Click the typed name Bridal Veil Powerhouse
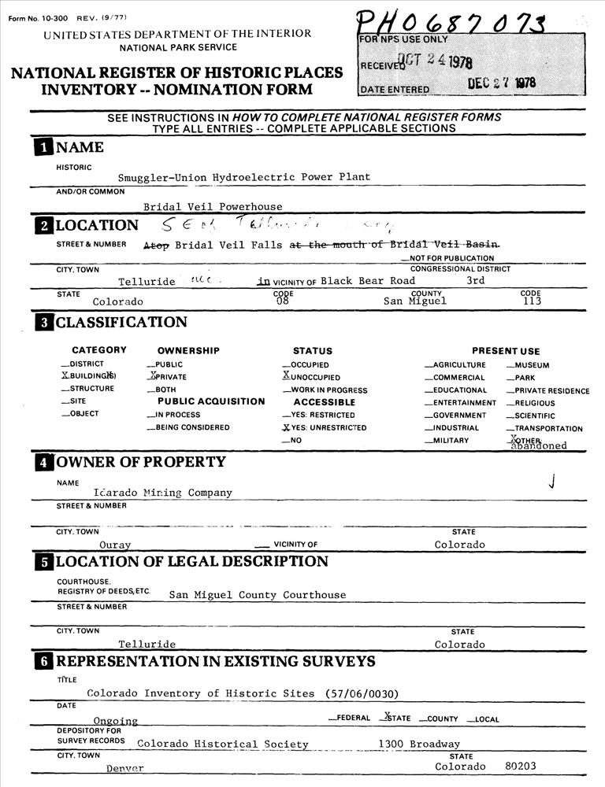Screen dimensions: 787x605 [x=213, y=207]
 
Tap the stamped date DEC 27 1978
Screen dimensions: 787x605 [x=501, y=84]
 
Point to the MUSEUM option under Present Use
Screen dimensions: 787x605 [x=532, y=365]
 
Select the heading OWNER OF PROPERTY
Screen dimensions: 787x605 [x=140, y=462]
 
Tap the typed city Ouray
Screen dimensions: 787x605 [x=115, y=545]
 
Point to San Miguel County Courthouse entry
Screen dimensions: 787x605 [x=258, y=595]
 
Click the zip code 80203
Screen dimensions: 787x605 [x=520, y=766]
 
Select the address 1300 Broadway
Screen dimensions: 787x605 [x=419, y=744]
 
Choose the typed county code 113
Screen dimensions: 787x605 [x=532, y=301]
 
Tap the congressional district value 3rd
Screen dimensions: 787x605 [x=476, y=280]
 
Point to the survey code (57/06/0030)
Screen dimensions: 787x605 [x=362, y=693]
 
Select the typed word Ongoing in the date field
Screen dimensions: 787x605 [x=116, y=721]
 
